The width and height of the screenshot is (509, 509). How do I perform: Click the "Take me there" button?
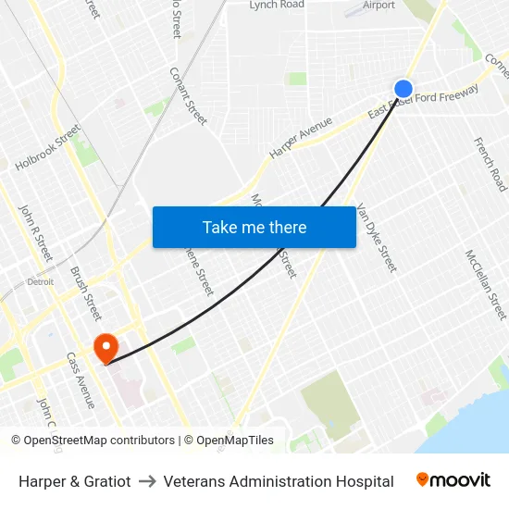(254, 227)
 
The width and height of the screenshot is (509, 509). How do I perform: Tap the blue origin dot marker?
(403, 89)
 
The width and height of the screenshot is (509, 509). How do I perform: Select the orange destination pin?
(106, 347)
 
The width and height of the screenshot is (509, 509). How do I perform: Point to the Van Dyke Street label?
(376, 238)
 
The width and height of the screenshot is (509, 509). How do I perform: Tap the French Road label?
(490, 164)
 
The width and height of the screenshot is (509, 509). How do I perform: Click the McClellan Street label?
(486, 284)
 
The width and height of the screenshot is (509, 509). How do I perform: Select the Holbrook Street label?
(48, 148)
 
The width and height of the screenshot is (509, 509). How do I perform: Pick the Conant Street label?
(188, 95)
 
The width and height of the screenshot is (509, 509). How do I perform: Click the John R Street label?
(36, 232)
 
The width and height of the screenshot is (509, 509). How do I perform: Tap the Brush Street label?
(86, 288)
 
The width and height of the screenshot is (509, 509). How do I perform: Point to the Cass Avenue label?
(80, 379)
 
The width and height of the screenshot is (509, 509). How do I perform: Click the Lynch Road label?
(276, 5)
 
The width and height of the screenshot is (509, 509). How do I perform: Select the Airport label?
(379, 5)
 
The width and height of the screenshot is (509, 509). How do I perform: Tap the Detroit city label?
(40, 281)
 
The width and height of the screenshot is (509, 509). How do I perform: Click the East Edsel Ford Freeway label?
(423, 102)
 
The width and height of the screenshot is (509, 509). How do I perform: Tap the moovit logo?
(453, 480)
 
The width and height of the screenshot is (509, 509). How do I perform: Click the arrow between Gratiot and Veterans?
(147, 481)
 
